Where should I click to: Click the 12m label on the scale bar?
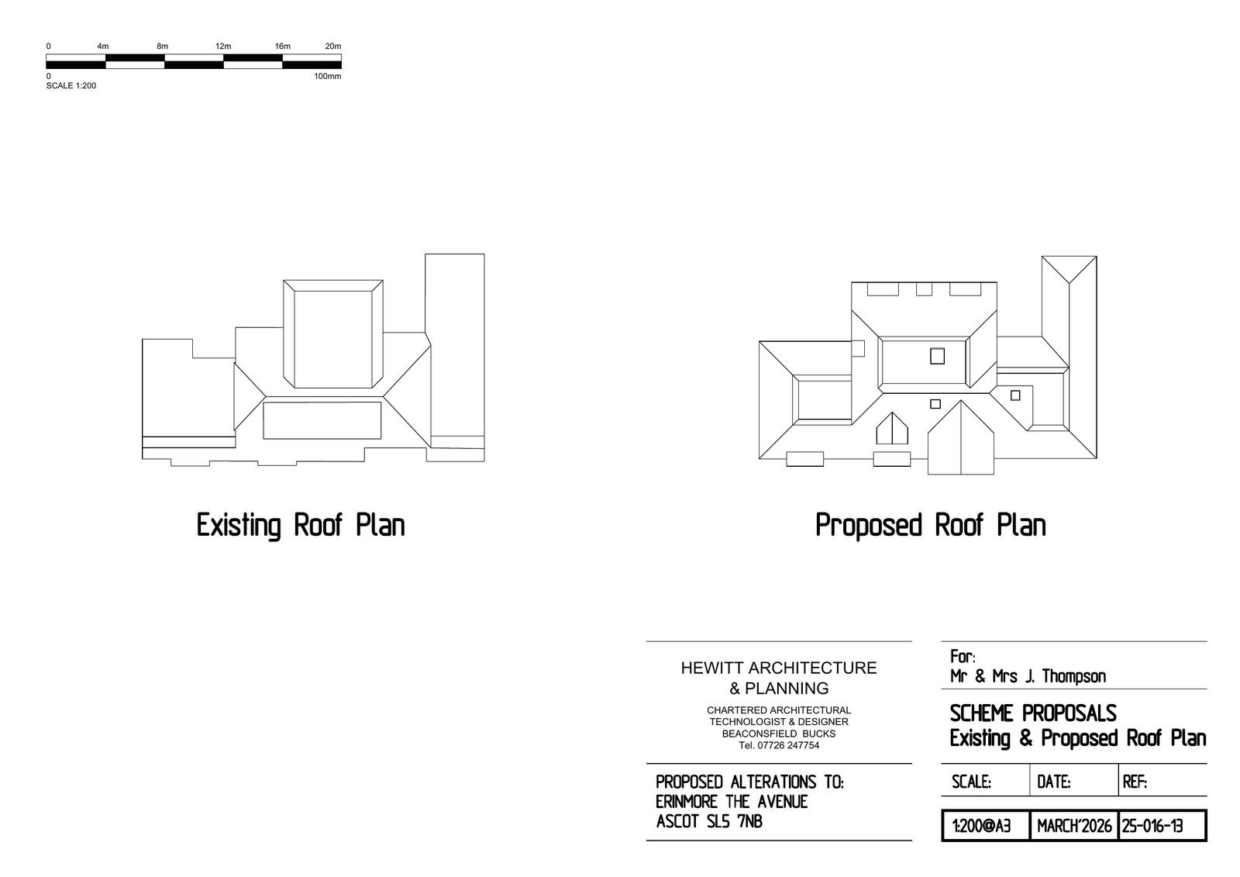point(223,46)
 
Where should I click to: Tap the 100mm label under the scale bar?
point(327,76)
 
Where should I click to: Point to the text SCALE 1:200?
point(71,85)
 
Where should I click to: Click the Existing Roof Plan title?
point(301,525)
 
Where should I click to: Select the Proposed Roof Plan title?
point(931,525)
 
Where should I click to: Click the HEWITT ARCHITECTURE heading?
point(778,668)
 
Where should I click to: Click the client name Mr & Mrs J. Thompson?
point(1028,676)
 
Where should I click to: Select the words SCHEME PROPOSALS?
point(1033,713)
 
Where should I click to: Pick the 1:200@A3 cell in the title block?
point(981,827)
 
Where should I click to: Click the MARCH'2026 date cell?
point(1074,827)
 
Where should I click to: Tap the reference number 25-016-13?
point(1152,827)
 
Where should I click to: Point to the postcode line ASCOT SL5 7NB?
point(709,821)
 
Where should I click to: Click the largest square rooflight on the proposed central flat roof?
point(937,356)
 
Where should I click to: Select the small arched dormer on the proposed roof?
point(892,429)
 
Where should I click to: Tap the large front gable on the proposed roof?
point(960,437)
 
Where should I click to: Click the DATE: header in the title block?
point(1053,782)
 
